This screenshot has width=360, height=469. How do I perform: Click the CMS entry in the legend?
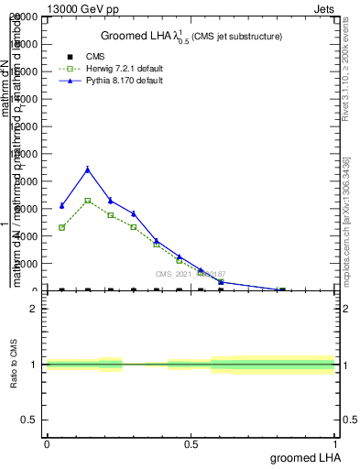[x=94, y=57]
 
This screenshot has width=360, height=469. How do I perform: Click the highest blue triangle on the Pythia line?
[x=87, y=169]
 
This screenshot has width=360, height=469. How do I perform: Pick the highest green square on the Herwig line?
[x=87, y=200]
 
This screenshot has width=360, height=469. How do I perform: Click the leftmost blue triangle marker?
[x=61, y=205]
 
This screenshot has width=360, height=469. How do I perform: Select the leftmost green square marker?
[x=61, y=227]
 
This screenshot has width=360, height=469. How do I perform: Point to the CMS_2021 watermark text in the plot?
[x=190, y=273]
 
